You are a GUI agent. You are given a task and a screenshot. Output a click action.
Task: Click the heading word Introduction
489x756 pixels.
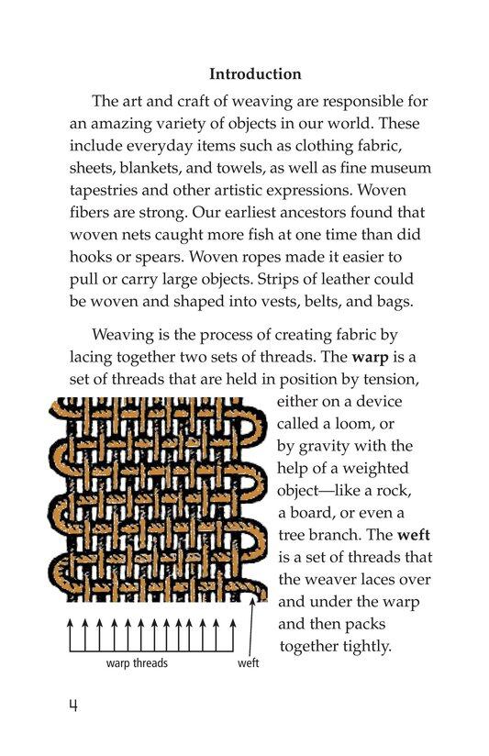tap(255, 73)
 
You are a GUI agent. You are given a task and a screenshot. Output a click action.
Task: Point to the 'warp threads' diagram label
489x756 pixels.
tap(137, 662)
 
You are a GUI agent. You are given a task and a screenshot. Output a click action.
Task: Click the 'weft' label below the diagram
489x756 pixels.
tap(248, 662)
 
